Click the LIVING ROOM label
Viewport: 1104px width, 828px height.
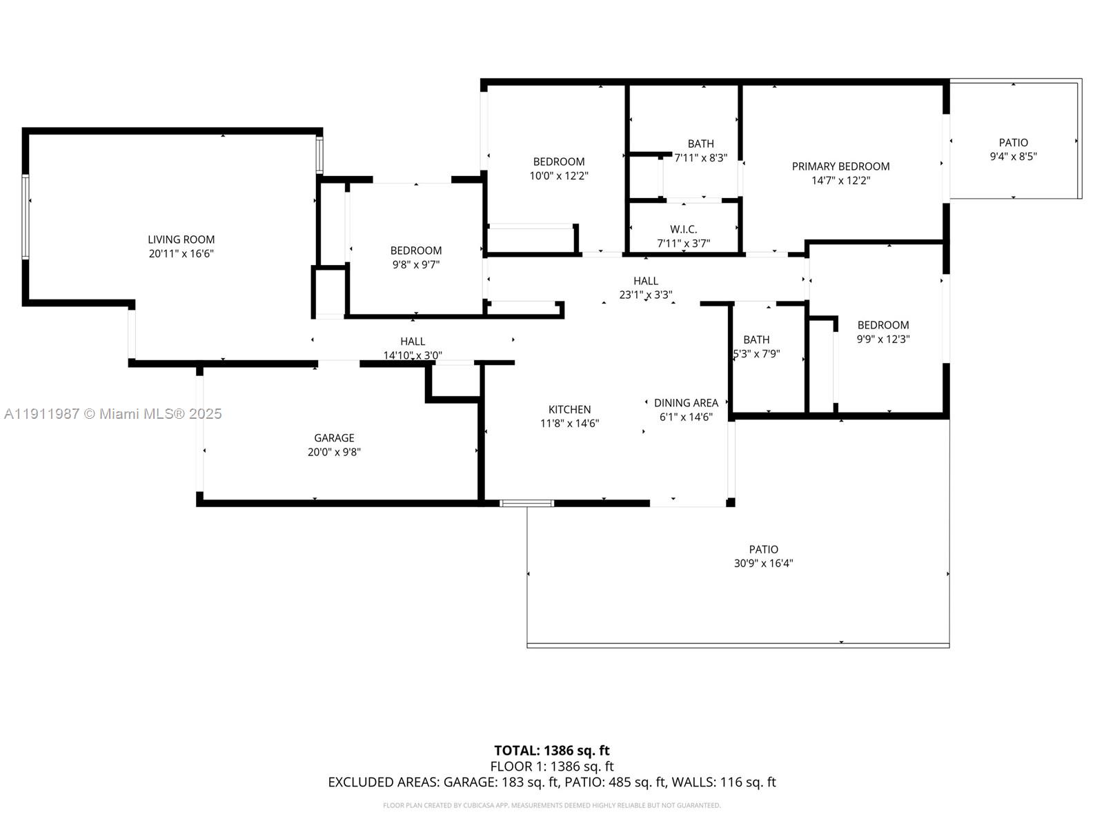point(181,239)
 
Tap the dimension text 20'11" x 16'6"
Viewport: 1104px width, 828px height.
point(181,254)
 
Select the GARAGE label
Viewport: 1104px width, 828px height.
point(334,437)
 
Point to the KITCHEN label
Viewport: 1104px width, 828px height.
point(569,409)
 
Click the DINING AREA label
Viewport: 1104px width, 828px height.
point(686,402)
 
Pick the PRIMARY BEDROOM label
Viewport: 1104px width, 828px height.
point(840,166)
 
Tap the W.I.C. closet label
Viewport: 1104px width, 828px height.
point(683,229)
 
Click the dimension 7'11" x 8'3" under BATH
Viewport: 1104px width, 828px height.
point(700,158)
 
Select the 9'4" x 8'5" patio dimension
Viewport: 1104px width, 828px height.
point(1013,157)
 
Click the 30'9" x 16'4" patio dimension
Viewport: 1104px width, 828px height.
point(763,564)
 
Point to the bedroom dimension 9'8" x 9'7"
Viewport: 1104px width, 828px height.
point(415,264)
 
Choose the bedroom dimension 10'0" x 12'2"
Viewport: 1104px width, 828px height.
point(558,176)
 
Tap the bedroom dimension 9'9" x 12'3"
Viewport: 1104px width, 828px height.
point(883,339)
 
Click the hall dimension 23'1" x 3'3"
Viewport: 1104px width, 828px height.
point(645,295)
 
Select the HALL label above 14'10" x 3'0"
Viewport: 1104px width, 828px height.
point(413,341)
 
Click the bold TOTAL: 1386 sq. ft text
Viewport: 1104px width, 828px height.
point(551,750)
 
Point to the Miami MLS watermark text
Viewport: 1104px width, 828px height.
point(112,414)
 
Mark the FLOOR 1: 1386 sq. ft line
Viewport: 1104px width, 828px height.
point(551,767)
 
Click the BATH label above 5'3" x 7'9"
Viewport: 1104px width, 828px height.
point(756,339)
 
